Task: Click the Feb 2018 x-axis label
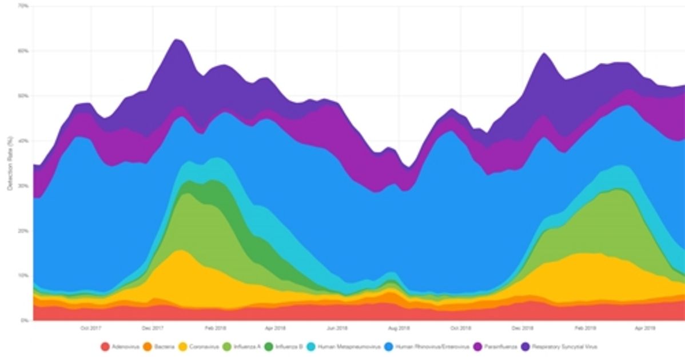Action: (x=214, y=328)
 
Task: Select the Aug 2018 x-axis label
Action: (x=399, y=328)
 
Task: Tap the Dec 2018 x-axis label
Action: (x=523, y=328)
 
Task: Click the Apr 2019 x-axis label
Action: (x=646, y=328)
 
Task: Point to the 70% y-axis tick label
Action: (x=23, y=6)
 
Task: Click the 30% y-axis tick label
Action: (x=23, y=186)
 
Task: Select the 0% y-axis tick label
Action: (x=25, y=321)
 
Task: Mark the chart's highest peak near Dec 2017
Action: (x=177, y=39)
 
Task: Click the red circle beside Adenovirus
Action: (x=105, y=346)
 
